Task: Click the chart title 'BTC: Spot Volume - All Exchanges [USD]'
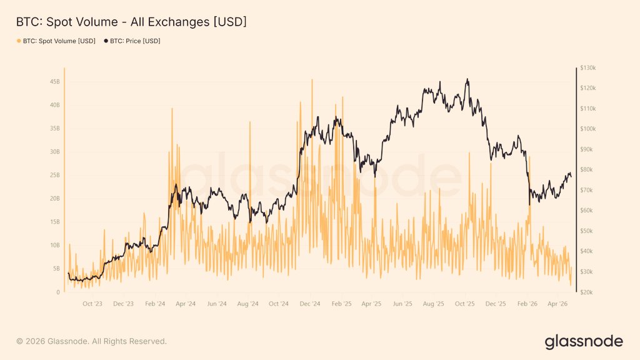pos(131,22)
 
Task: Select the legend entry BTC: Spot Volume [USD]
pos(59,41)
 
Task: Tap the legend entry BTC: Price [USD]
pos(135,41)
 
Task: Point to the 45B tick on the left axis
pos(54,82)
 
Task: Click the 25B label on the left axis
pos(54,176)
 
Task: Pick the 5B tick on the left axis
pos(56,269)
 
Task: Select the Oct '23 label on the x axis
pos(92,304)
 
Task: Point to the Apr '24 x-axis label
pos(185,304)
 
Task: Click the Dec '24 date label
pos(309,304)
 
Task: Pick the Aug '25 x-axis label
pos(433,304)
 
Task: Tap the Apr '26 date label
pos(557,304)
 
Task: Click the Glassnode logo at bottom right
pos(584,341)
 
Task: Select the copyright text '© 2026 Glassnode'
pos(91,341)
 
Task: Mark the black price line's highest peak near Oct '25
pos(467,79)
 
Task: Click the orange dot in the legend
pos(19,41)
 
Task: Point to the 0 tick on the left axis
pos(58,292)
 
